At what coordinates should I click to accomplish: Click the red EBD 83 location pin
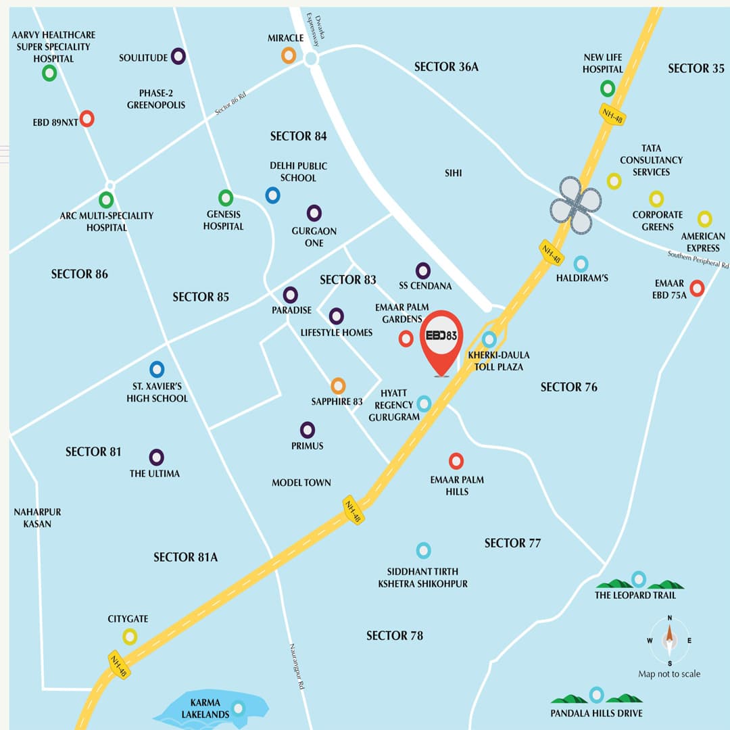(441, 337)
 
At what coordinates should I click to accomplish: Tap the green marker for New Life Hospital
(608, 88)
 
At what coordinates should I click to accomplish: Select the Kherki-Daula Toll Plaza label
(499, 361)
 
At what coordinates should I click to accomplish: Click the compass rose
(669, 639)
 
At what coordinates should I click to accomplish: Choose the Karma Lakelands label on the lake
(201, 708)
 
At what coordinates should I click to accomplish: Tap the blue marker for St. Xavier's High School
(157, 369)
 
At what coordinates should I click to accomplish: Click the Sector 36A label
(446, 67)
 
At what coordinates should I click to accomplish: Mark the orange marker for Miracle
(289, 55)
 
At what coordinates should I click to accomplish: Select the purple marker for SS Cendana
(423, 270)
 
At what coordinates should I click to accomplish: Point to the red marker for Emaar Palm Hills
(456, 461)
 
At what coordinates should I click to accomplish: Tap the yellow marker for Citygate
(130, 636)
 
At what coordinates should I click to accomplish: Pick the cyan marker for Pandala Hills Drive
(596, 694)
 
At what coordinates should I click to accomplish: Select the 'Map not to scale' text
(669, 674)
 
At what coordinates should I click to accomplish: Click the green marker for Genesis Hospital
(226, 197)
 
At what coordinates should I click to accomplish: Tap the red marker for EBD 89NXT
(87, 119)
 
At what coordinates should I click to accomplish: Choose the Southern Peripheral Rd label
(698, 259)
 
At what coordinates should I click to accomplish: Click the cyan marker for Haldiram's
(581, 264)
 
